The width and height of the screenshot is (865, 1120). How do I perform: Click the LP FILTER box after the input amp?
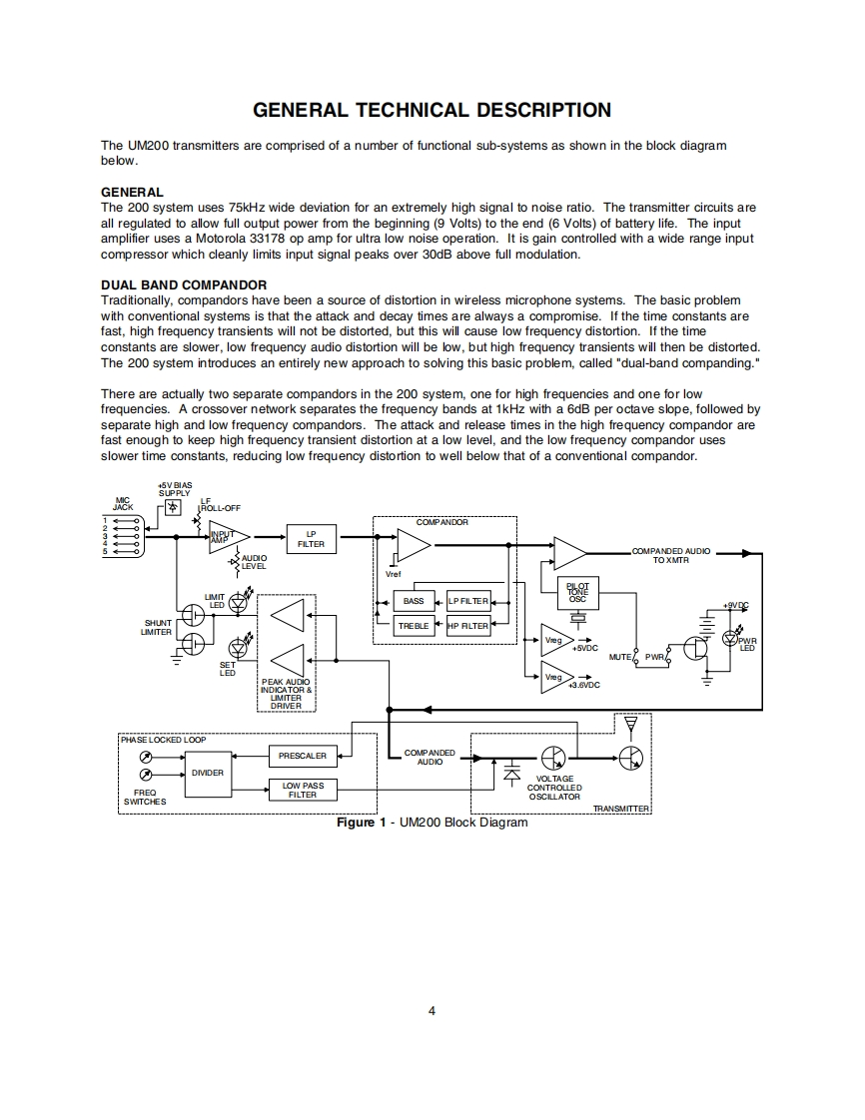[311, 540]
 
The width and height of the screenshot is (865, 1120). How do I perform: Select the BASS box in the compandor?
[414, 601]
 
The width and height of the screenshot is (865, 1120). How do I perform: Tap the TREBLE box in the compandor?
[414, 626]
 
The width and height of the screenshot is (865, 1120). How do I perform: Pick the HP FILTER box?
[468, 626]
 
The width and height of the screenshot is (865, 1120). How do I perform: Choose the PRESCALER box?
[303, 756]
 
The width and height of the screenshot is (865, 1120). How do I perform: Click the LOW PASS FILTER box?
[303, 791]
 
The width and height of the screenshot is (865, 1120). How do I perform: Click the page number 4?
[432, 1010]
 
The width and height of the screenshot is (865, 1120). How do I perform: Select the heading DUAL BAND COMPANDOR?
[184, 285]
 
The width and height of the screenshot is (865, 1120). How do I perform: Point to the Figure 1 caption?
[432, 823]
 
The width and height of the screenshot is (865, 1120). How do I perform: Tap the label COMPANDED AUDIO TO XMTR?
[671, 556]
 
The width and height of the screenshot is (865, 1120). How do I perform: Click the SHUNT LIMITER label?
[157, 627]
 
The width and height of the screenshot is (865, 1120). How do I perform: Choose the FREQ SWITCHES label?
[145, 797]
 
